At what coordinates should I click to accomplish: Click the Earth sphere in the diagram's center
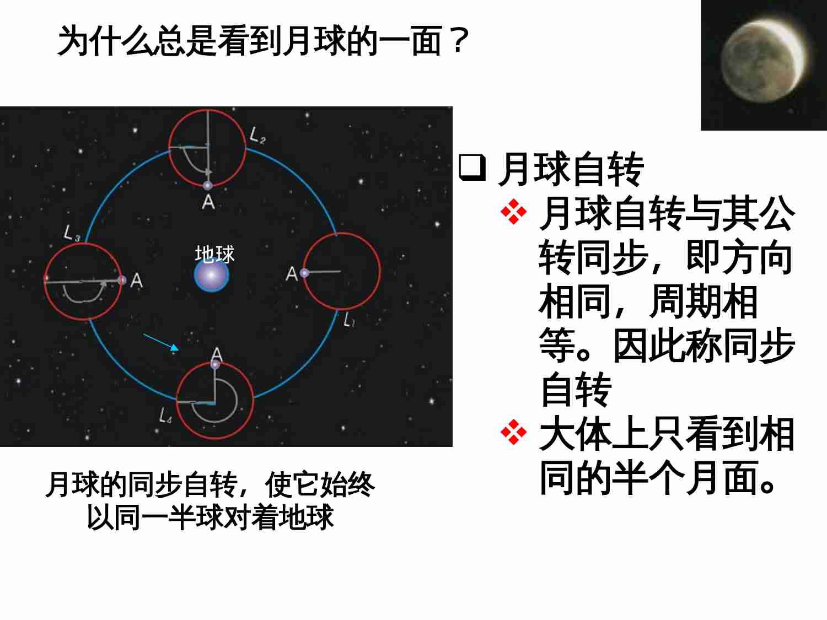212,276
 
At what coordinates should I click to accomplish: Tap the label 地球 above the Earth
214,254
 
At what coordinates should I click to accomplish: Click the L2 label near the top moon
257,135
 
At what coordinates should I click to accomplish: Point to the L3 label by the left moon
72,233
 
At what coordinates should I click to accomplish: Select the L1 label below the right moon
349,319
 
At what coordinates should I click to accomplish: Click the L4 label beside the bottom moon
165,415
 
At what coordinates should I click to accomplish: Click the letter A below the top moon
208,202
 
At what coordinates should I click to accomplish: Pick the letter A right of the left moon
136,281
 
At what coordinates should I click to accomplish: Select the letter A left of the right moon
291,273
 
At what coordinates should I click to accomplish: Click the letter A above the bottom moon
217,354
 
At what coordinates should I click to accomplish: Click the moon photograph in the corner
764,65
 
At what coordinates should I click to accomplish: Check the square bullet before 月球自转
472,168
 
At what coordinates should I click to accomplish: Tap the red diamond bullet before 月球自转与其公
513,213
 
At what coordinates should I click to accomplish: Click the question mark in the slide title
458,41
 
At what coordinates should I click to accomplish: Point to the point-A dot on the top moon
208,186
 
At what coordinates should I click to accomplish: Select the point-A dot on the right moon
304,273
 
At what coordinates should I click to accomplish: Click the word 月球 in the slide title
313,41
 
